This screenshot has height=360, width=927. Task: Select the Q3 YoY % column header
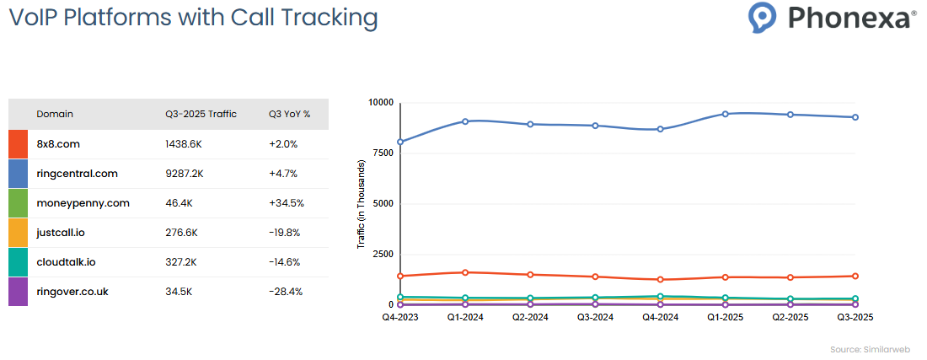(289, 114)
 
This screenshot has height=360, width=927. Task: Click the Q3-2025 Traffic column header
(201, 114)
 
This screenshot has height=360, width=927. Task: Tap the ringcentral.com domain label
(78, 174)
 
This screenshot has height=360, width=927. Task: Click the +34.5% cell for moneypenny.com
(287, 203)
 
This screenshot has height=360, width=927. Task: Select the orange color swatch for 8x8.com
(18, 144)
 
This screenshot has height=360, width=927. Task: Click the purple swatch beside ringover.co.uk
(18, 292)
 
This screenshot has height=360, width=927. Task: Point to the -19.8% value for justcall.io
(285, 233)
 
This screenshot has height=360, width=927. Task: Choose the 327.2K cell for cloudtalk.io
(181, 262)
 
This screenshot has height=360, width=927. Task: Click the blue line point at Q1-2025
(725, 114)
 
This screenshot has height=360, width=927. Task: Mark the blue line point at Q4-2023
(400, 142)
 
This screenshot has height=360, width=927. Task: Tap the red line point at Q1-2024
(465, 272)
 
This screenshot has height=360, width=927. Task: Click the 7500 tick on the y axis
(382, 153)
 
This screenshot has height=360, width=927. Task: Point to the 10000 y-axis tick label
(380, 102)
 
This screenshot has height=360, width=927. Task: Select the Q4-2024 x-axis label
(660, 318)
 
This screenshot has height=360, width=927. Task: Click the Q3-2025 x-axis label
(855, 318)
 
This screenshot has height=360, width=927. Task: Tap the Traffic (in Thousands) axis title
(362, 204)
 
